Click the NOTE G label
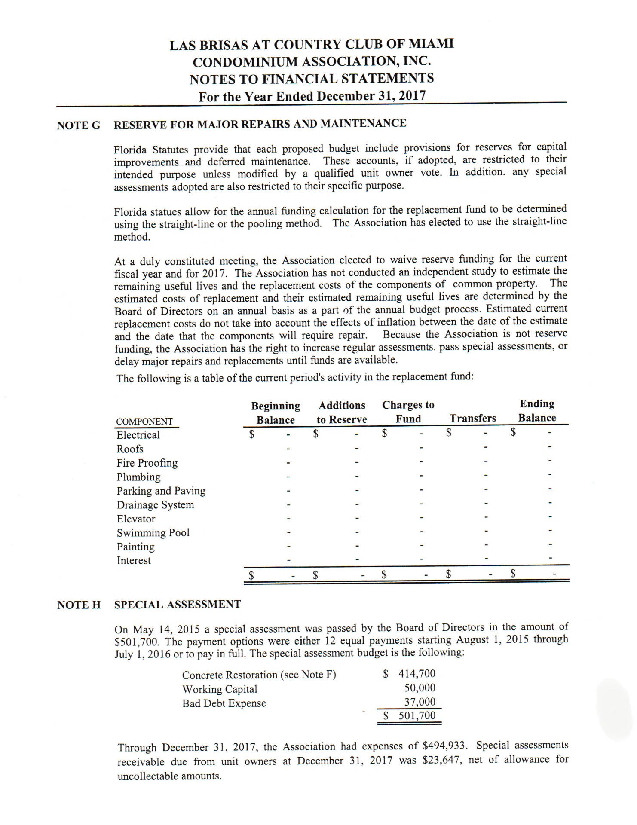pos(79,125)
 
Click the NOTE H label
pos(79,605)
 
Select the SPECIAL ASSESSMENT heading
pos(177,605)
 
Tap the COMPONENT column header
pos(144,422)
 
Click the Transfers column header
pos(472,419)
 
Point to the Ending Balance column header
pos(537,411)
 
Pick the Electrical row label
pos(138,435)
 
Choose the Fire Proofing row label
pos(147,463)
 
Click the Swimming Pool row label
pos(153,533)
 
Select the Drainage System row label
pos(155,505)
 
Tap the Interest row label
pos(134,561)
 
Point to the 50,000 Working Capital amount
pos(420,688)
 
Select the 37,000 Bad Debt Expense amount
pos(420,702)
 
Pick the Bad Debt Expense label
pos(224,703)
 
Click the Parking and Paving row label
pos(161,491)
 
